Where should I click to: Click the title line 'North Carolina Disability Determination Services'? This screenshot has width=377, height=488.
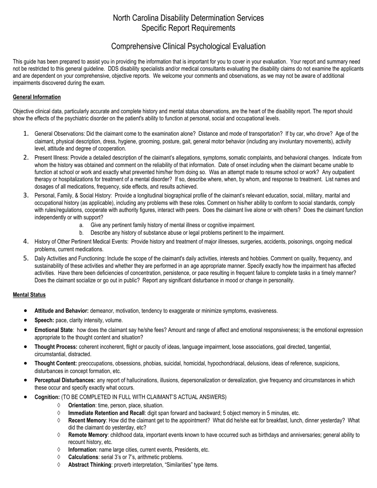point(188,18)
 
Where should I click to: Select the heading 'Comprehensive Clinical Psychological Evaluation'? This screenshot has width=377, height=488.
point(188,46)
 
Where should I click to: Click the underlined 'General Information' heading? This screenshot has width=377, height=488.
point(37,97)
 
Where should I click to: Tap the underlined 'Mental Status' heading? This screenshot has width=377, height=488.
point(29,295)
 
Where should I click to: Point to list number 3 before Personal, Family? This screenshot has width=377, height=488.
point(26,195)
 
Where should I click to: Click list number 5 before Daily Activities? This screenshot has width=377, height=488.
point(26,258)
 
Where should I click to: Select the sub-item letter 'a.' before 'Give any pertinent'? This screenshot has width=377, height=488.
point(81,225)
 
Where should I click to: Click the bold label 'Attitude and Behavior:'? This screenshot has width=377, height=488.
point(62,311)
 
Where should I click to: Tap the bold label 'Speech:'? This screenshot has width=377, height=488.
point(44,320)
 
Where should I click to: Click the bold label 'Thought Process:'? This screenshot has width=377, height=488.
point(56,347)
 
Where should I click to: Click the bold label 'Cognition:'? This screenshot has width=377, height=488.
point(47,397)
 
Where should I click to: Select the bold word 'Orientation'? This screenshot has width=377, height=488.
point(82,405)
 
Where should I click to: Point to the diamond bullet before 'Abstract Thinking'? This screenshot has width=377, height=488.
point(59,465)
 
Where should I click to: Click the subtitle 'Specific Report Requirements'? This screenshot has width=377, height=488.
point(188,28)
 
